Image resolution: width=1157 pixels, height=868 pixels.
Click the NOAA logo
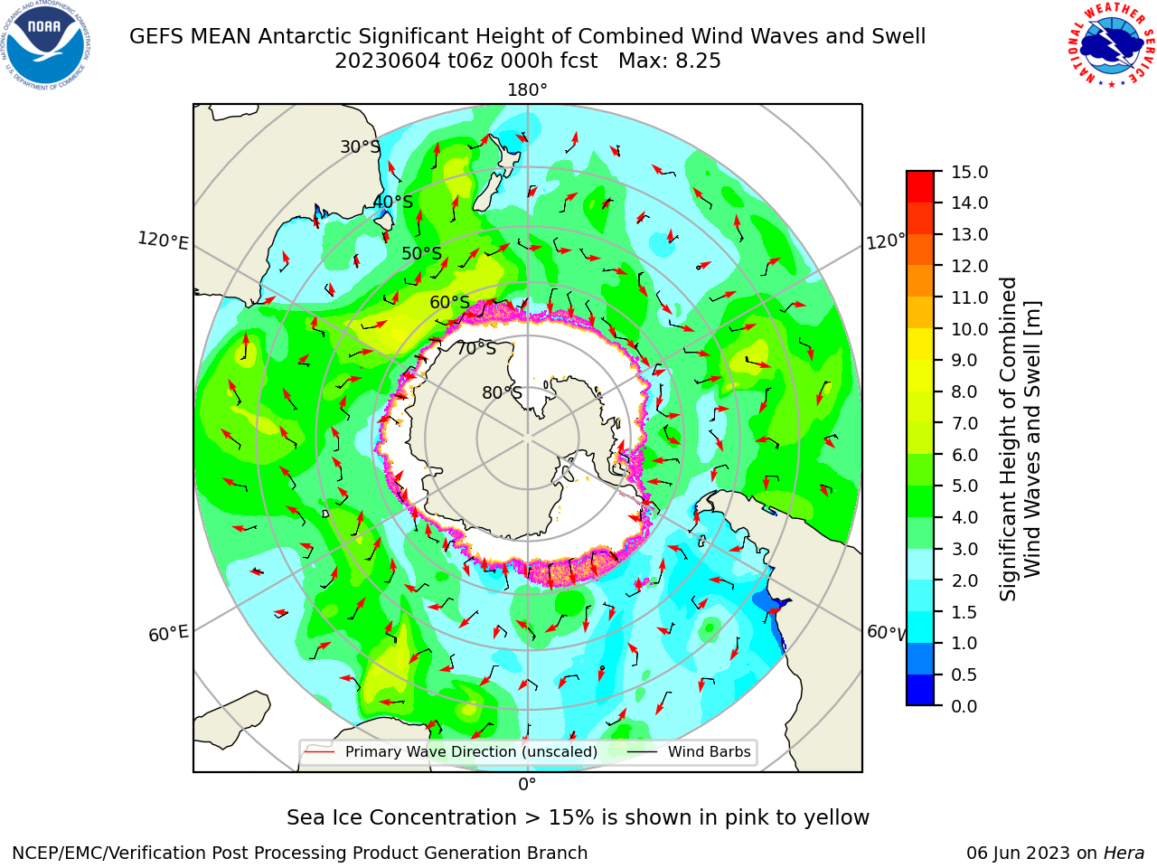(46, 45)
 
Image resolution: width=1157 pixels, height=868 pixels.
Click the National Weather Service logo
(1110, 45)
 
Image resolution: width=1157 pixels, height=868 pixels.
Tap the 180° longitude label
(527, 90)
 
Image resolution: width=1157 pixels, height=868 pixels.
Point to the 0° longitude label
(527, 785)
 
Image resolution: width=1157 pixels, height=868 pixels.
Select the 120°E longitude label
(163, 241)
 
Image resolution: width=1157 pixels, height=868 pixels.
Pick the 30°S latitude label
(360, 146)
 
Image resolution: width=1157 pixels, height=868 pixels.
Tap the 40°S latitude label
(393, 202)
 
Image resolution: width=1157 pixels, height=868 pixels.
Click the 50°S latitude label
(422, 253)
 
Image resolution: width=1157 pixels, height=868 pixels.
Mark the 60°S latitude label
(449, 303)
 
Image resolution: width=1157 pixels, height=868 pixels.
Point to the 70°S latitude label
(476, 349)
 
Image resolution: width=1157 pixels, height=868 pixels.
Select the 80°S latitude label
(503, 392)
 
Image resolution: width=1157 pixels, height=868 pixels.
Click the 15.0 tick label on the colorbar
(969, 173)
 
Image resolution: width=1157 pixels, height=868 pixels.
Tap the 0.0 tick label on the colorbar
(964, 706)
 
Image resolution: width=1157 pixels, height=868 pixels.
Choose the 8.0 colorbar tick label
(964, 392)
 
